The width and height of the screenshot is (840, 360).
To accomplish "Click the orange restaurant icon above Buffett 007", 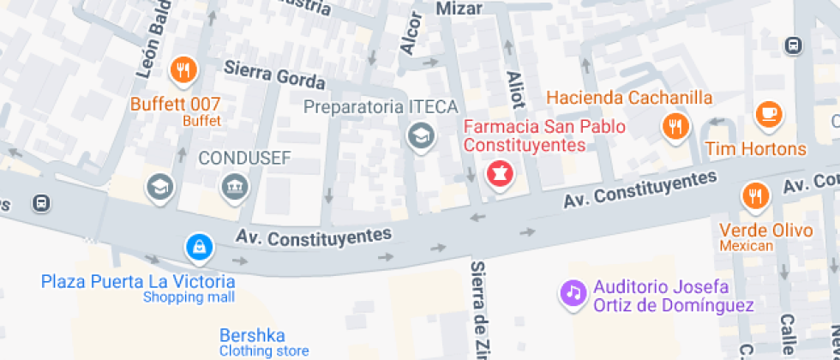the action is tap(182, 71).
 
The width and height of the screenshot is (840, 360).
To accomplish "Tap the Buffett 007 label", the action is tap(176, 105).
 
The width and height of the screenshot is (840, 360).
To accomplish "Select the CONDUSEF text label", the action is tap(245, 158).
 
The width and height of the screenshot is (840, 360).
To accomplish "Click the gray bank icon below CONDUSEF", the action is tap(233, 186).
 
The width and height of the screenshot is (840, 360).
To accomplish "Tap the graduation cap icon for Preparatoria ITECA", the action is tap(420, 135).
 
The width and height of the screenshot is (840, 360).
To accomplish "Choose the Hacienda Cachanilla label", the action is tap(629, 97).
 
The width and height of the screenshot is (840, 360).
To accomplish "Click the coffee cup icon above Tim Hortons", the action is tap(769, 115).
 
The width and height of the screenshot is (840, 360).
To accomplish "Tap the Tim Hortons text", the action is tap(756, 149).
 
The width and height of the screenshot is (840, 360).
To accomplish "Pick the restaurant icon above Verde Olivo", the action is tap(754, 196).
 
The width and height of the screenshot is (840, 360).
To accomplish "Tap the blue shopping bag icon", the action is tap(199, 249).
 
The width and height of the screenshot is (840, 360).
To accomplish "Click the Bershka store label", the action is tap(252, 335).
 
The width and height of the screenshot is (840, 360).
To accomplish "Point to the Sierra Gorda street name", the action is tap(274, 76).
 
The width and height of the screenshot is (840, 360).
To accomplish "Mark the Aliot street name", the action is tap(515, 89).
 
